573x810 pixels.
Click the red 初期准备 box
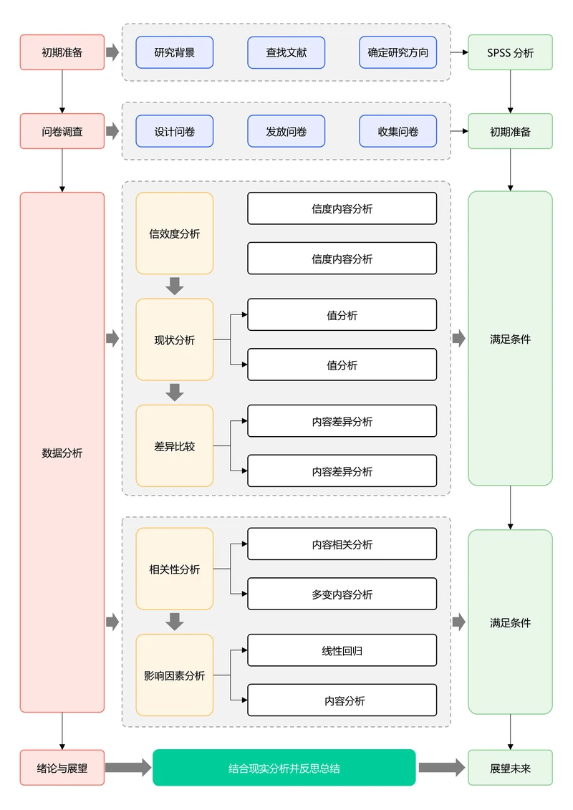(62, 52)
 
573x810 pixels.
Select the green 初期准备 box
(510, 132)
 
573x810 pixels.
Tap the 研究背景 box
(174, 52)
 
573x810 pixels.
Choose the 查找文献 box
(286, 52)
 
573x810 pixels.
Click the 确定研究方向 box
(398, 52)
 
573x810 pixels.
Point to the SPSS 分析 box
(510, 52)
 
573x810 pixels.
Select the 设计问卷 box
(174, 132)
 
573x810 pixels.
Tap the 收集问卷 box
(398, 132)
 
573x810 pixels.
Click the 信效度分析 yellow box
(174, 233)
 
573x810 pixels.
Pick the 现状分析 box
(174, 339)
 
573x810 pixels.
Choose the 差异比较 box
(174, 446)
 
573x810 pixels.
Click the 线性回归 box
(342, 650)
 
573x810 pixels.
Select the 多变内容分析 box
(342, 594)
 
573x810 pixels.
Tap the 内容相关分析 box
(342, 544)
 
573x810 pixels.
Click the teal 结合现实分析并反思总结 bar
(284, 768)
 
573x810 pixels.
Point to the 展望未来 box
(510, 768)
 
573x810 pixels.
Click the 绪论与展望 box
(62, 768)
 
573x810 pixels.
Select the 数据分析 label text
(62, 453)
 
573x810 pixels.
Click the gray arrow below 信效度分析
(174, 286)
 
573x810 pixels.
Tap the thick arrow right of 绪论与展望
(128, 768)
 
